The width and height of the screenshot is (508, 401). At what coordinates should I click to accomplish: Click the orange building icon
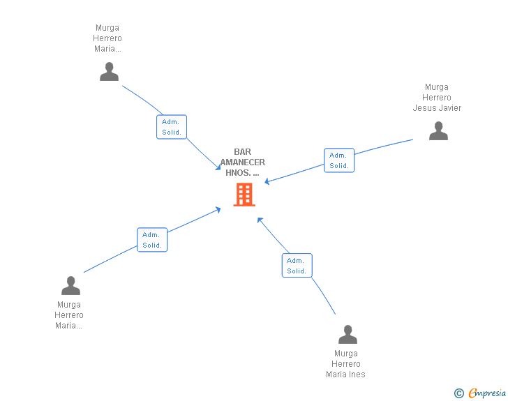244,195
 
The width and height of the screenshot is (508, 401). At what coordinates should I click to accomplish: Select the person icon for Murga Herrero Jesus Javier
438,130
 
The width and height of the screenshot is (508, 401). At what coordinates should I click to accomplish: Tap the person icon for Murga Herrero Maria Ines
348,335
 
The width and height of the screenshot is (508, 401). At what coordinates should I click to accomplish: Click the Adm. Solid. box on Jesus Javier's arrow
339,160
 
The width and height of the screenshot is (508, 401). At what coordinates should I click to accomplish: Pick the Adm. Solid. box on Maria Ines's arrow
297,266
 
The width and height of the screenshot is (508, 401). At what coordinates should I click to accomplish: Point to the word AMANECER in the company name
243,162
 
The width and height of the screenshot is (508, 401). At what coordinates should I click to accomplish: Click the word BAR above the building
242,152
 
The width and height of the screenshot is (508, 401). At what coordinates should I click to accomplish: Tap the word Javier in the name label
449,108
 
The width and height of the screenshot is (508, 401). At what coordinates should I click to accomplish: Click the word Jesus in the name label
424,108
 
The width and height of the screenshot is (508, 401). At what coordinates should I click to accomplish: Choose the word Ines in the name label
357,374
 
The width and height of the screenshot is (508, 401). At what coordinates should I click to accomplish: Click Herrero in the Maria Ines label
346,364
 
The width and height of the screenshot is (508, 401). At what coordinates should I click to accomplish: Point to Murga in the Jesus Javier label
437,87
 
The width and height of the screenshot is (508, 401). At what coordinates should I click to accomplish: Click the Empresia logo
487,393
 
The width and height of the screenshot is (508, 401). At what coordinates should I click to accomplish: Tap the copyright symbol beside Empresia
458,393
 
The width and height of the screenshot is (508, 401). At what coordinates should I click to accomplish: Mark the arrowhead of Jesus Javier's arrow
267,183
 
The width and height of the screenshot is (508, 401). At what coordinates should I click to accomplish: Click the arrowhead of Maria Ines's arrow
259,219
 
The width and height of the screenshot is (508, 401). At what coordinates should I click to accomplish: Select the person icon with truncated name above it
109,71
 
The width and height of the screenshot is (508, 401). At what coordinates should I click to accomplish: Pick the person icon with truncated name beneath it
70,285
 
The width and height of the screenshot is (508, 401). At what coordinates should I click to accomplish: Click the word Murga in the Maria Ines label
346,354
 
